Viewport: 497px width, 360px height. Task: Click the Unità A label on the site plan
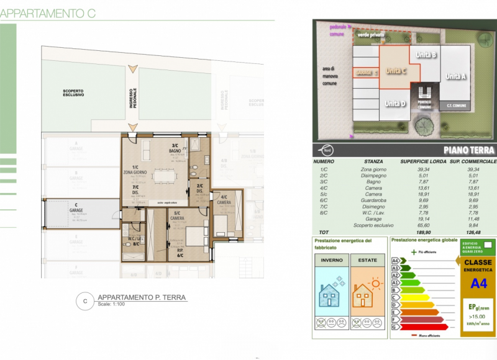pos(455,76)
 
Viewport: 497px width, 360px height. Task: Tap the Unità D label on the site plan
pos(396,103)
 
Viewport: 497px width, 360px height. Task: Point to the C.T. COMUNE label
pos(456,106)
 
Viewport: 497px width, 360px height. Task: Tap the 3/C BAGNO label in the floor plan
pos(175,149)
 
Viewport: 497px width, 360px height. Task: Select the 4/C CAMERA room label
pos(224,200)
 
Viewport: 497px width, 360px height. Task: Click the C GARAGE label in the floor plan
pos(76,207)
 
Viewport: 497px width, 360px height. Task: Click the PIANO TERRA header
pos(469,150)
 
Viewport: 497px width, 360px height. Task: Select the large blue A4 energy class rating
pos(478,284)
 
